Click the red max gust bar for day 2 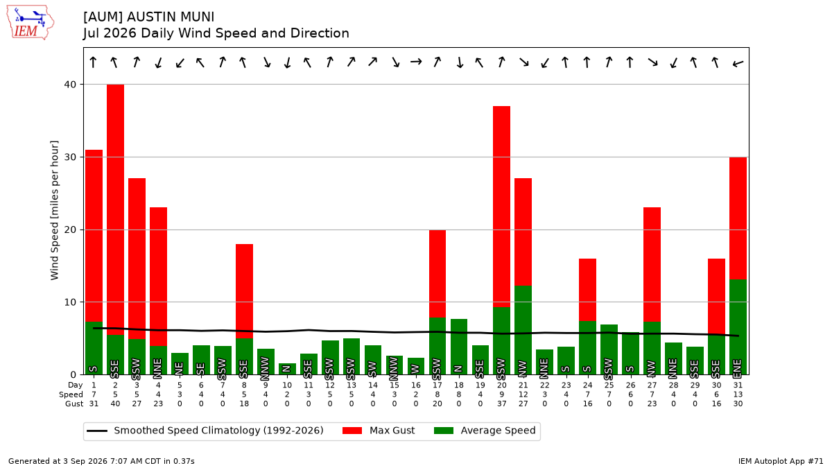pyautogui.click(x=116, y=210)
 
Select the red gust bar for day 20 pyautogui.click(x=501, y=207)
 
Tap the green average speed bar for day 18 pyautogui.click(x=459, y=347)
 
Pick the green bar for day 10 pyautogui.click(x=287, y=369)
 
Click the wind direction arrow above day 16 pyautogui.click(x=416, y=62)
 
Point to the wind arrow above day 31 pyautogui.click(x=738, y=64)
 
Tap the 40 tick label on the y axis pyautogui.click(x=70, y=85)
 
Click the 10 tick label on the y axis pyautogui.click(x=70, y=302)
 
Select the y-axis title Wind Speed pyautogui.click(x=54, y=210)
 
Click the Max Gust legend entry pyautogui.click(x=378, y=431)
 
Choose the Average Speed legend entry pyautogui.click(x=485, y=431)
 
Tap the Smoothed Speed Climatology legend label pyautogui.click(x=218, y=431)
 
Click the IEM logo pyautogui.click(x=31, y=23)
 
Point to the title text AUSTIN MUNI pyautogui.click(x=171, y=17)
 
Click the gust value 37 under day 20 pyautogui.click(x=501, y=404)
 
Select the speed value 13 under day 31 pyautogui.click(x=738, y=395)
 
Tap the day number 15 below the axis pyautogui.click(x=394, y=385)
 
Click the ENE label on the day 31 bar pyautogui.click(x=738, y=367)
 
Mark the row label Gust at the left pyautogui.click(x=74, y=404)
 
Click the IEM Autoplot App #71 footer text pyautogui.click(x=781, y=461)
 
